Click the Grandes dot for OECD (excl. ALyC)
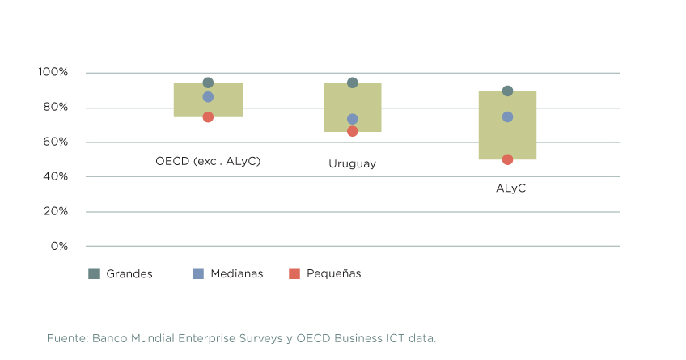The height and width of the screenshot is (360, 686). (208, 83)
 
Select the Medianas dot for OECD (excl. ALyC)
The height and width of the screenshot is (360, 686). (208, 97)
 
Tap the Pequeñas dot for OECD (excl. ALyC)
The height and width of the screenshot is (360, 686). (208, 116)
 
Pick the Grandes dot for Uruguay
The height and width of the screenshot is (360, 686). (353, 83)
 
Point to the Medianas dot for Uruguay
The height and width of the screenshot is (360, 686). (353, 119)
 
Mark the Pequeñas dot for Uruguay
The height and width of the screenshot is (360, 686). (353, 131)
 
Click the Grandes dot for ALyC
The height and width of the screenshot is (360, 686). (507, 91)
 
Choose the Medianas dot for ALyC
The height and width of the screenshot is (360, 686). (507, 116)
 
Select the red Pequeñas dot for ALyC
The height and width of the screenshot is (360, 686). (507, 159)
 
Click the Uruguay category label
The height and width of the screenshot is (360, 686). (352, 163)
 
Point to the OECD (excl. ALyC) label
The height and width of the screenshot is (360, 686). (208, 161)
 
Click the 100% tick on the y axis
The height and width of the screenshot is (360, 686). (53, 73)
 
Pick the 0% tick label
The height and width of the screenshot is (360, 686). (59, 246)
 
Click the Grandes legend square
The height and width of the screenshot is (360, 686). (94, 273)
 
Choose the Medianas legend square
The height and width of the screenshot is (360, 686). (198, 273)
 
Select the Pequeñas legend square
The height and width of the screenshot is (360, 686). (294, 273)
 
